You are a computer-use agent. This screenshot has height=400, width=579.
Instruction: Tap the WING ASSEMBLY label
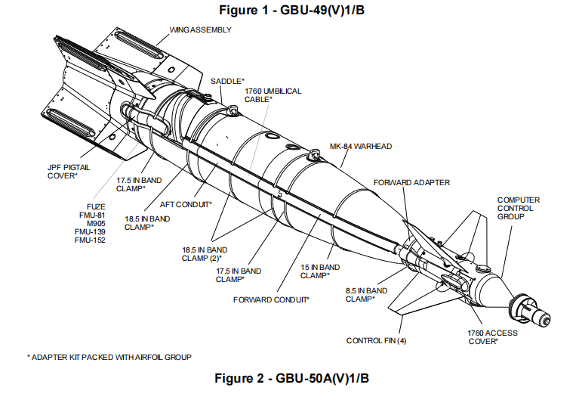pyautogui.click(x=199, y=30)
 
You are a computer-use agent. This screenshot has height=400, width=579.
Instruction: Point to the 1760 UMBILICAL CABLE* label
pyautogui.click(x=273, y=95)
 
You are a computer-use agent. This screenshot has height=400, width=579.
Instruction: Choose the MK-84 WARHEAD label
pyautogui.click(x=361, y=146)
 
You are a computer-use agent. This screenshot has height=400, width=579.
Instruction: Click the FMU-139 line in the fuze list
pyautogui.click(x=88, y=231)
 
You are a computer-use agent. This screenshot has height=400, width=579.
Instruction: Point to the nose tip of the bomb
pyautogui.click(x=548, y=314)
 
